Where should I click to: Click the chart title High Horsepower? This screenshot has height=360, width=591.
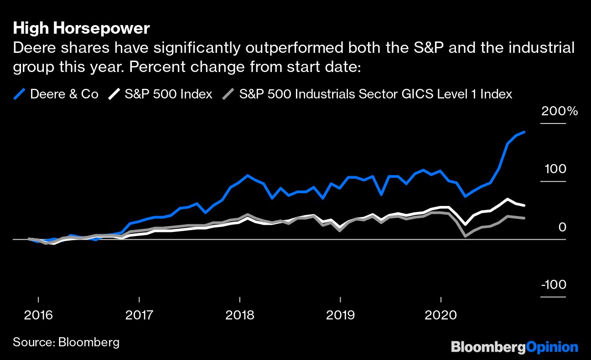(x=81, y=28)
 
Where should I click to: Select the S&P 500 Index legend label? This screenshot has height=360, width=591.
(x=168, y=94)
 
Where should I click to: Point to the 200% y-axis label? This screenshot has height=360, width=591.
(x=559, y=111)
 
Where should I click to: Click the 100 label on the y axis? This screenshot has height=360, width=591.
(x=555, y=169)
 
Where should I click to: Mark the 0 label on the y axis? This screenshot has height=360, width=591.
(x=562, y=227)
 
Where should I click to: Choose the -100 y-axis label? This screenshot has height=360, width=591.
(x=553, y=285)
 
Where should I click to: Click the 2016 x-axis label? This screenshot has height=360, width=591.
(x=38, y=315)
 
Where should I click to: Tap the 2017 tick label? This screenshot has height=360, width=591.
(x=139, y=315)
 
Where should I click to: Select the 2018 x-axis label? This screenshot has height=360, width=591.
(x=240, y=315)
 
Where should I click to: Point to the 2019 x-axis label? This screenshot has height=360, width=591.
(x=340, y=315)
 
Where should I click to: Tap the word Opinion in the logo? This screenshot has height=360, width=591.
(x=552, y=347)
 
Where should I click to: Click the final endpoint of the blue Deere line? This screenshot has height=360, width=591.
(x=524, y=132)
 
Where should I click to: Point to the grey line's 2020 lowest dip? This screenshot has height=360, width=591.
(x=465, y=236)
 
